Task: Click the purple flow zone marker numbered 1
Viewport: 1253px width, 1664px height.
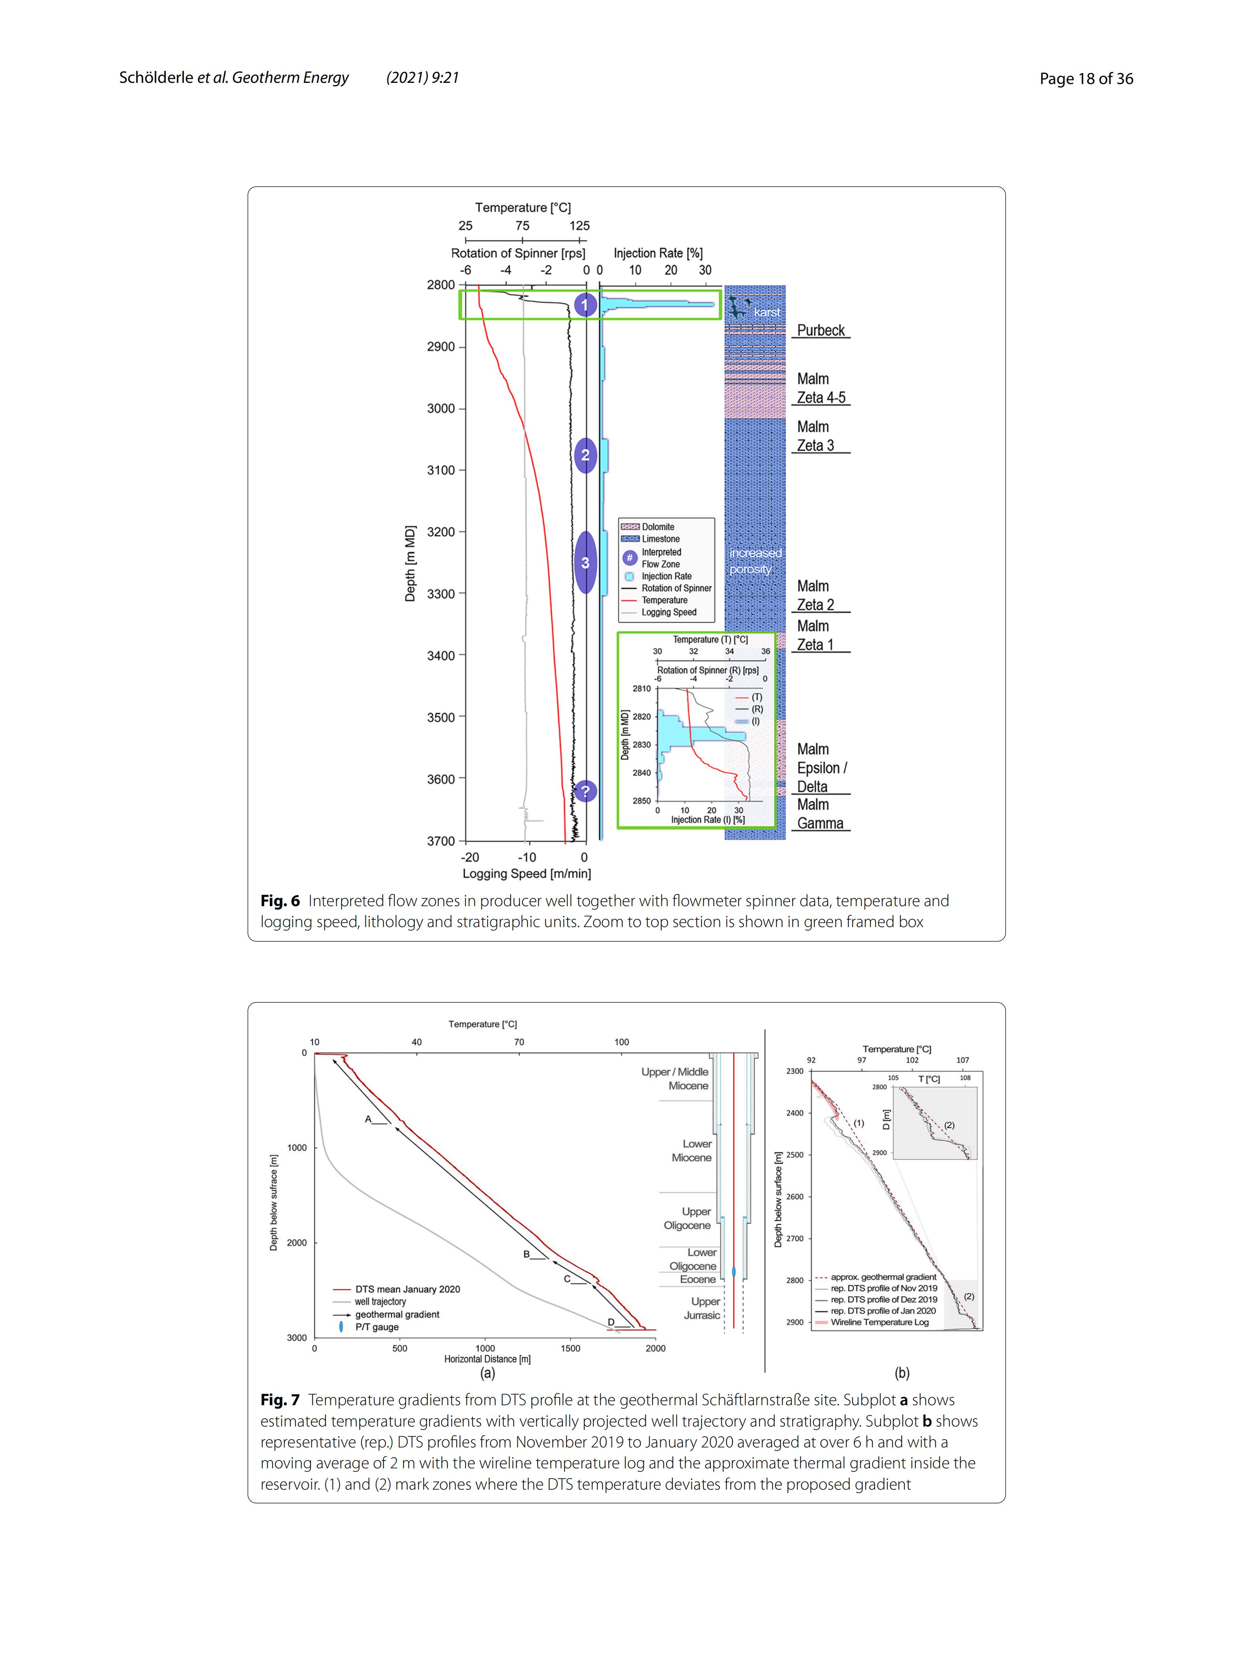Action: [585, 305]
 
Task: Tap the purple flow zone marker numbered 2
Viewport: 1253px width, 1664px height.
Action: [585, 455]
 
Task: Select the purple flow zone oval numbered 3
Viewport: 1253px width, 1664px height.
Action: [585, 563]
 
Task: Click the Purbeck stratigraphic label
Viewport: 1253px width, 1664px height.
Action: [820, 330]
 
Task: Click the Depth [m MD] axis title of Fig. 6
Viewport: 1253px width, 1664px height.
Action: [410, 563]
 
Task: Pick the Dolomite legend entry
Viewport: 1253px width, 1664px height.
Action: [658, 527]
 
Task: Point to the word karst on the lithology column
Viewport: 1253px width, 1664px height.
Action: [767, 312]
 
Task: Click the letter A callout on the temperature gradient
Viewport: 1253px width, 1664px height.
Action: [368, 1119]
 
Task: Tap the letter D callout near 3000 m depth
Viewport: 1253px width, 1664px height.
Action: [611, 1322]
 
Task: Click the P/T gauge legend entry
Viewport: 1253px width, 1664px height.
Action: [376, 1327]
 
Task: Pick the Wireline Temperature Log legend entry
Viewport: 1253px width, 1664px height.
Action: [879, 1322]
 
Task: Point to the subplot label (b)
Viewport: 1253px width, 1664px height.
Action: [901, 1373]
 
